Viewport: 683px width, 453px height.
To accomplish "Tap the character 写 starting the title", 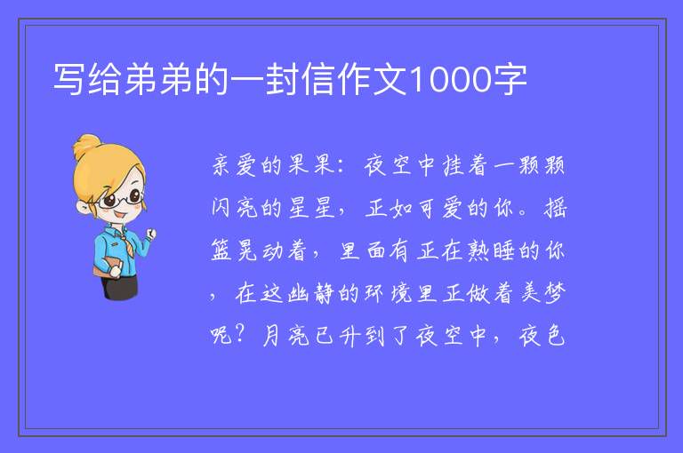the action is coord(68,79).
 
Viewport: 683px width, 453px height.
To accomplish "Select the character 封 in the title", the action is coord(281,79).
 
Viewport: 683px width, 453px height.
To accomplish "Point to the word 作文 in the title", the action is coord(371,79).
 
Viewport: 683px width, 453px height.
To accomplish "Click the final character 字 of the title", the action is coord(510,79).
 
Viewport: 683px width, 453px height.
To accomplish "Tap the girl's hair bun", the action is coord(86,146).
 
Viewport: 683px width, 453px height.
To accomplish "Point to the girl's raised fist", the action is coord(151,234).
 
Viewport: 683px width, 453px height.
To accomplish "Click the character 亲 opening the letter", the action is coord(221,166).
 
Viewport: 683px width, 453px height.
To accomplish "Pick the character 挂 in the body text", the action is coord(453,166).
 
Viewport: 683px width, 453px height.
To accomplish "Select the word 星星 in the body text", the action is coord(312,208).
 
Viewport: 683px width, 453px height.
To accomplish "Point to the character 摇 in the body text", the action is coord(555,208).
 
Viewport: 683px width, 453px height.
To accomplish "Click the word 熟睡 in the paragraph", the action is coord(491,250).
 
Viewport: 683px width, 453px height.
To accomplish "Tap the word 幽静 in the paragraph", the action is coord(311,293).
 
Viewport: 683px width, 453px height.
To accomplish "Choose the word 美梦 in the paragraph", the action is coord(543,293).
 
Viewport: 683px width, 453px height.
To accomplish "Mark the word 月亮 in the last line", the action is coord(285,336).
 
